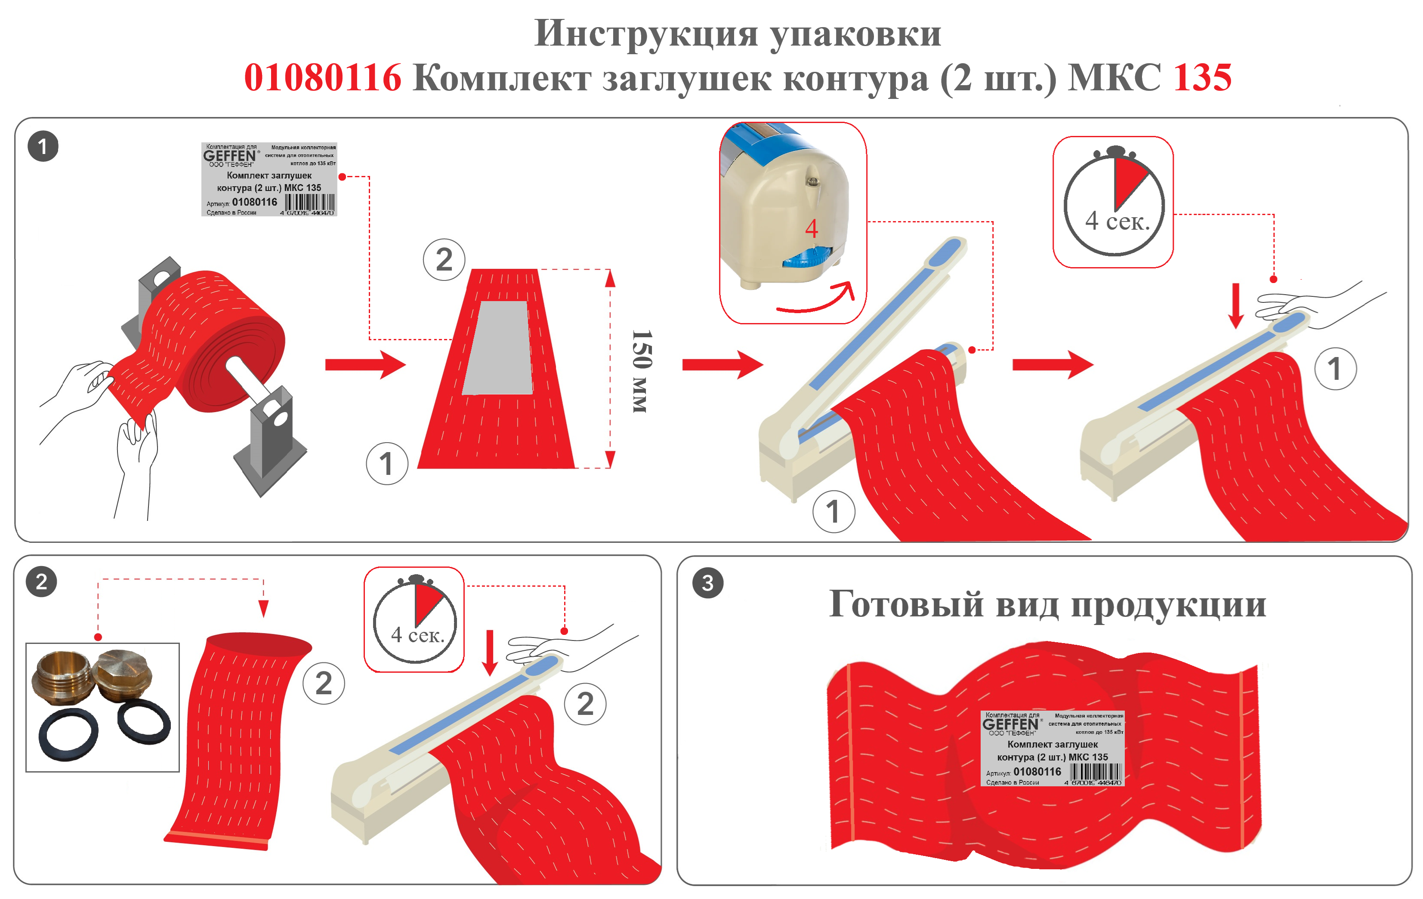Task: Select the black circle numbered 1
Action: tap(43, 147)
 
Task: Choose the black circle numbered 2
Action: tap(41, 582)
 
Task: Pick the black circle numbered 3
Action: tap(707, 583)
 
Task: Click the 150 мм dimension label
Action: tap(641, 371)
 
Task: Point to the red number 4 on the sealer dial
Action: tap(812, 228)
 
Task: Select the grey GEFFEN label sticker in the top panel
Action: tap(269, 179)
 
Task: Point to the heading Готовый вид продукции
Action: tap(1047, 604)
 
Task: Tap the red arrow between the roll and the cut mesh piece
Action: tap(365, 364)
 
